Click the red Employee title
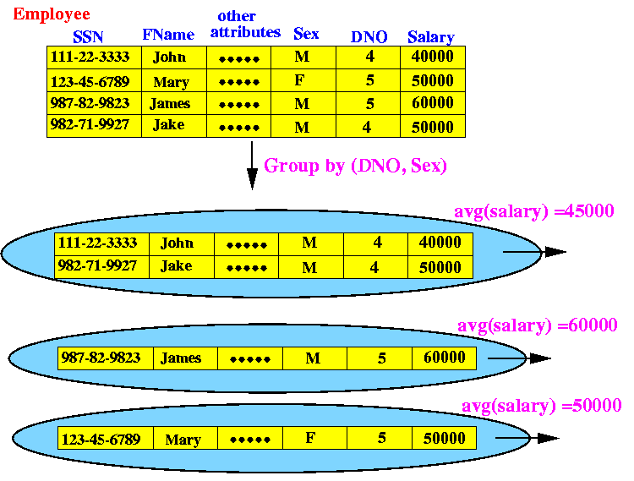point(52,15)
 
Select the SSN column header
point(88,37)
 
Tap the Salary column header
point(431,37)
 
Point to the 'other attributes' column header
point(245,25)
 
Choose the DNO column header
point(369,37)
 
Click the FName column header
point(168,35)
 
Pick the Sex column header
point(306,34)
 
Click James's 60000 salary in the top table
point(433,102)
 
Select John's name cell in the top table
point(169,57)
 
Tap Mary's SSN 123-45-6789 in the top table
point(90,82)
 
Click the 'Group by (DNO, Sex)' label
point(355,166)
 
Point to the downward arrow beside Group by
point(252,166)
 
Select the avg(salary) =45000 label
point(534,211)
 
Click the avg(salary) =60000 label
point(538,325)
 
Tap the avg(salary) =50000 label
point(541,406)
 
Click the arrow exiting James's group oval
point(519,358)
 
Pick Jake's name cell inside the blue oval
point(177,266)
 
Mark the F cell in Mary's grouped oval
point(310,438)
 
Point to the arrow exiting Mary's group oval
point(527,438)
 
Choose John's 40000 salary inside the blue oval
point(440,242)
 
